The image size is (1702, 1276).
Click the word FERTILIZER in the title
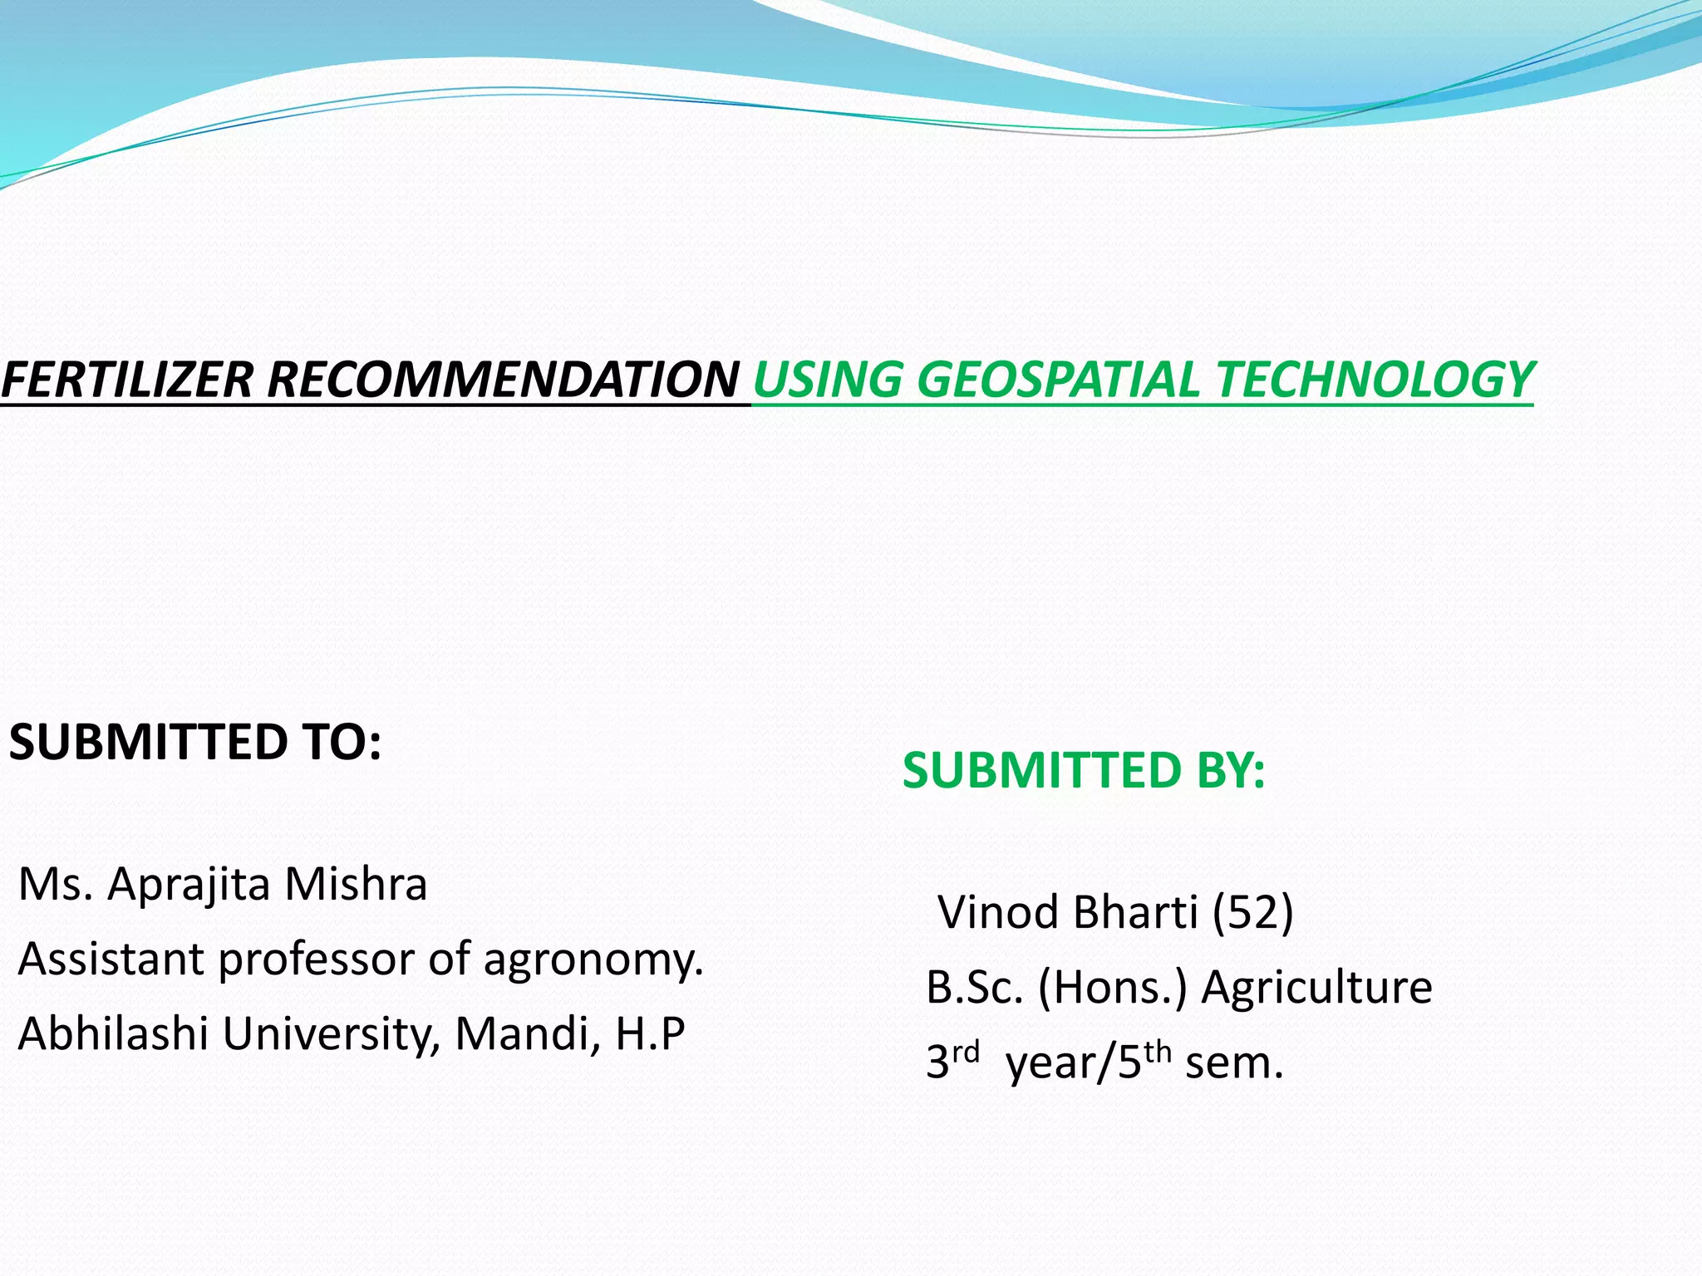pos(126,380)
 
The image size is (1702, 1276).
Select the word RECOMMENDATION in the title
pos(503,380)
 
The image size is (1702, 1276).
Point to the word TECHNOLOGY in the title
pos(1375,380)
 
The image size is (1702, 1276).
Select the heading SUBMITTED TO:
pos(195,742)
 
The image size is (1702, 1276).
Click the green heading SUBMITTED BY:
pos(1084,770)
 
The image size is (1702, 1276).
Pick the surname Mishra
pos(355,884)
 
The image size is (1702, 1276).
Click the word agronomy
pos(593,959)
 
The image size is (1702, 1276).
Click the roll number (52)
pos(1253,912)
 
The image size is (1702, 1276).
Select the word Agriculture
pos(1317,988)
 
